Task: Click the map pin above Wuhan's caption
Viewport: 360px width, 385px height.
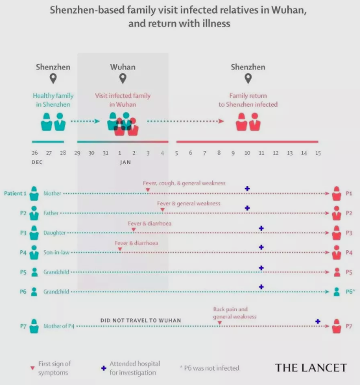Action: pos(123,78)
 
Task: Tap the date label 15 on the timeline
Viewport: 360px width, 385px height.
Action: pos(318,153)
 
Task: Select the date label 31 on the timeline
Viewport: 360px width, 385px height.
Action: pos(106,153)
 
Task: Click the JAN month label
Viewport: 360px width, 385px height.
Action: pos(125,162)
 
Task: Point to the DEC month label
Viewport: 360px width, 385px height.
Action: pos(37,162)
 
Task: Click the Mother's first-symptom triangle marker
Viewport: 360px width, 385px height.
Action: pos(148,190)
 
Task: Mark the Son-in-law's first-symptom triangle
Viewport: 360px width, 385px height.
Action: pos(120,250)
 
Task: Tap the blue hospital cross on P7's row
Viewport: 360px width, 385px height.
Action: pos(318,321)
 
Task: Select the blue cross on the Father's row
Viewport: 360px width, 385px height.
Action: pos(247,208)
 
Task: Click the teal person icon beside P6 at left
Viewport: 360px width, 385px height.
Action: pos(34,292)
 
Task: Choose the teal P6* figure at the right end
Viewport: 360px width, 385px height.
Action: pos(337,292)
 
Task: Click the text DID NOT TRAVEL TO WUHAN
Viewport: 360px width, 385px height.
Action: pos(141,320)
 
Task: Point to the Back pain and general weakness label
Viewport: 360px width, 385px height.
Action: pos(235,313)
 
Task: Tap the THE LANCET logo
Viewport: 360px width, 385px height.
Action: pos(311,367)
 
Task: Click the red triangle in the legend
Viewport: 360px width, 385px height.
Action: pos(32,368)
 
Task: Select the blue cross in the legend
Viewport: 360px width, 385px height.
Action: pos(104,368)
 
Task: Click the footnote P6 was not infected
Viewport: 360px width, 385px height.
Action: pos(210,368)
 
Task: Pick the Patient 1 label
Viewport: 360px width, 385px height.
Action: pos(15,194)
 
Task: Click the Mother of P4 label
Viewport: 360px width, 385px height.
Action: pos(59,326)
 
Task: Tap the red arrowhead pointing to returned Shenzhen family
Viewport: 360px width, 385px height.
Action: pos(221,121)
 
